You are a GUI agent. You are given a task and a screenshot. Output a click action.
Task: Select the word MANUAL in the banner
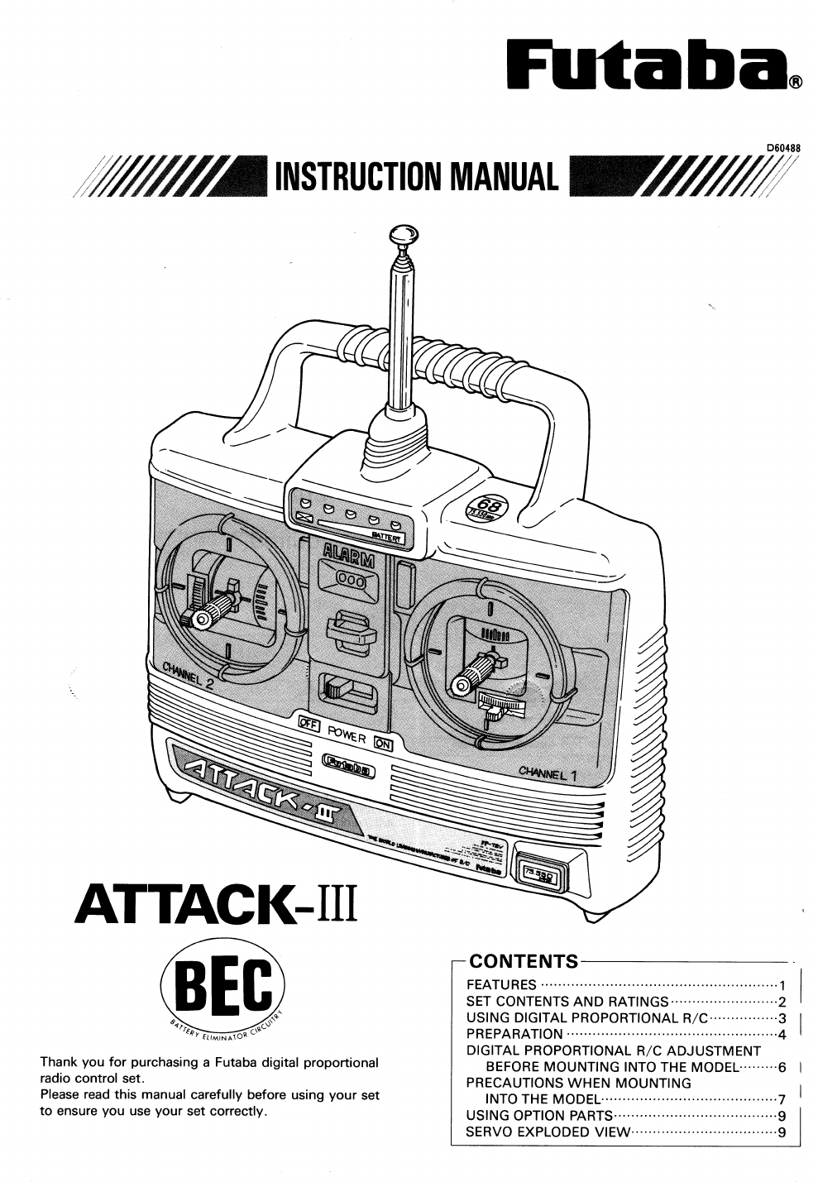pos(500,175)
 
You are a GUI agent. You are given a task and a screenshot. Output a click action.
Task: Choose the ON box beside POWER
pos(384,743)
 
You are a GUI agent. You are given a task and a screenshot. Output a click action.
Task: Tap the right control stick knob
pos(462,683)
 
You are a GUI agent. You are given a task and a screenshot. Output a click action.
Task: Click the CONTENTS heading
pos(524,961)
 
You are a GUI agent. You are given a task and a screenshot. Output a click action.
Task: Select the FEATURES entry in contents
pos(502,984)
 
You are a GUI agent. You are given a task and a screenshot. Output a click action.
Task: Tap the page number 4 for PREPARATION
pos(781,1034)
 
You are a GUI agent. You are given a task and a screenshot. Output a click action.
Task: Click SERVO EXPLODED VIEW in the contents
pos(548,1132)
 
